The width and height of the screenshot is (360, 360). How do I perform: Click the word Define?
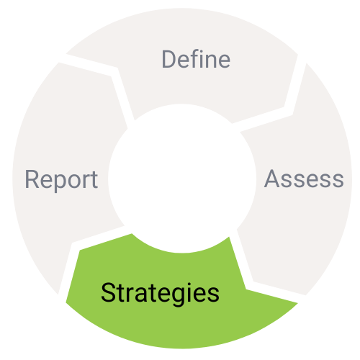(196, 59)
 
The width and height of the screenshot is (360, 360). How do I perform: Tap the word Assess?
(304, 179)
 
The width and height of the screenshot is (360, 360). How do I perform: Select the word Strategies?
(160, 294)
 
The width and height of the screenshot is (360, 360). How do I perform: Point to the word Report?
(61, 181)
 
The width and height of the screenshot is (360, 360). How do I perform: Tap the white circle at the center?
(182, 179)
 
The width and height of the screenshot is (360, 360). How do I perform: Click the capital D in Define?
(170, 59)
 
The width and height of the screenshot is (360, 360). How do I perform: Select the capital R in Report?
(32, 179)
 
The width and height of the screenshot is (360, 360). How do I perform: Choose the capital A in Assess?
(272, 179)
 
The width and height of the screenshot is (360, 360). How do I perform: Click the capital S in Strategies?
(108, 292)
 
